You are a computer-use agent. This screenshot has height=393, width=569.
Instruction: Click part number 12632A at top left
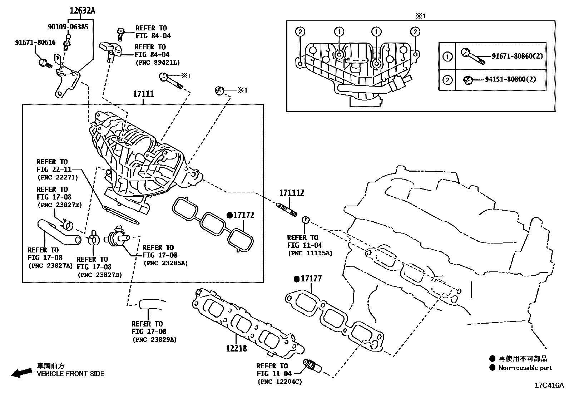point(82,11)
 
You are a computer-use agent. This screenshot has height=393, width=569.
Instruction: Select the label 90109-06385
point(68,27)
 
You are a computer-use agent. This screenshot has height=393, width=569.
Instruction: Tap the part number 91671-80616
point(35,43)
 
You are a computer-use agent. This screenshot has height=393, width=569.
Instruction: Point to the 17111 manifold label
point(143,94)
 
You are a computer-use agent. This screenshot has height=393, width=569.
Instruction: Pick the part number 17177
point(311,279)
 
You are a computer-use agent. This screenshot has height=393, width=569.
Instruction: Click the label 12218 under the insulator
point(236,348)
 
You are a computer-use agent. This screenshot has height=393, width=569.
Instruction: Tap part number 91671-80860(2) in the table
point(517,56)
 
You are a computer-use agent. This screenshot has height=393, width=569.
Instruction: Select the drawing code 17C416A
point(549,385)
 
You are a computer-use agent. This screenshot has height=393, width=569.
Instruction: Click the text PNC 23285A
point(165,263)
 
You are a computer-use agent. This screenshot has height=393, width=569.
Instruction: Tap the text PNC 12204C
point(279,382)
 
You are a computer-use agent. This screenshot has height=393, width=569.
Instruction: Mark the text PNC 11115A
point(310,253)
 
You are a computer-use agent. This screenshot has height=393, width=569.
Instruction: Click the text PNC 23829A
point(154,340)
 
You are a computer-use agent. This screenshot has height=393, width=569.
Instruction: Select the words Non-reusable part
point(525,368)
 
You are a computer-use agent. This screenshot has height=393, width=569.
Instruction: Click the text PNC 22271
point(57,177)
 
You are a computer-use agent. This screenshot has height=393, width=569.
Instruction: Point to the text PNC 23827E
point(59,205)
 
